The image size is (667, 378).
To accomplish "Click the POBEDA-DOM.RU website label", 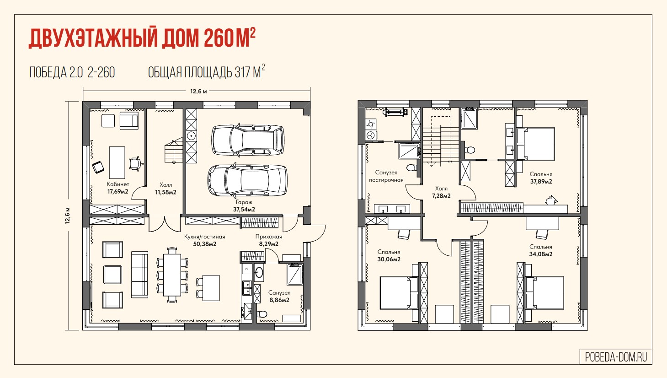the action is (616, 357).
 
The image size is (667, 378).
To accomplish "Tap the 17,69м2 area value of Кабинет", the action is (117, 191).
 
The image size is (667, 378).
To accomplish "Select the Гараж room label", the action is (244, 202).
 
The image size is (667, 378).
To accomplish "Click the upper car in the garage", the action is (248, 140).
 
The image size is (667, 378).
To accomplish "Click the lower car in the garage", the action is (247, 180).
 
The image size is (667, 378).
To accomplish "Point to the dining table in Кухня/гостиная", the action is (172, 275).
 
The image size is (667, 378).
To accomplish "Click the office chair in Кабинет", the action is (135, 164).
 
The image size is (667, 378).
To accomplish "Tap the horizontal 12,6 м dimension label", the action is (198, 91).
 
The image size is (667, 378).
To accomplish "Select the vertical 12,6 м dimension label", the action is (68, 216).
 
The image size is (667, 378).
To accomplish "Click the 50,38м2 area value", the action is (204, 244).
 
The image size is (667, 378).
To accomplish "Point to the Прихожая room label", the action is (269, 237).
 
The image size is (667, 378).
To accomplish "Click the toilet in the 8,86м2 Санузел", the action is (262, 314).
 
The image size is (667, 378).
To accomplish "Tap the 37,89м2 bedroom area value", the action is (541, 181).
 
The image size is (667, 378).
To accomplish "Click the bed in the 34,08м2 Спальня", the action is (544, 293).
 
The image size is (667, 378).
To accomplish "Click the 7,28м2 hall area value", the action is (441, 196).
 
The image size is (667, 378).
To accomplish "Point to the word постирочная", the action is (386, 180).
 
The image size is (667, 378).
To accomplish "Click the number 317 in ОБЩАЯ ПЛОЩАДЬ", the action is (242, 72).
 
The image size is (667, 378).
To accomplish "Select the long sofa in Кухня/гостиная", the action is (139, 275).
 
